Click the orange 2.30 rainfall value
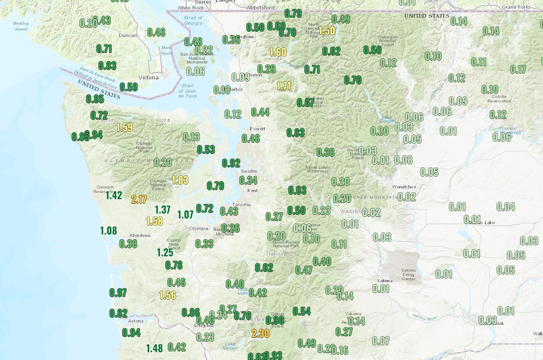click(260, 334)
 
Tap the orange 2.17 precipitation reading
click(138, 199)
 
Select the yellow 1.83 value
click(180, 180)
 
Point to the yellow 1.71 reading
click(284, 86)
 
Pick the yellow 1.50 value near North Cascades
click(327, 31)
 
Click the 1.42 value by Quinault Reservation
click(114, 196)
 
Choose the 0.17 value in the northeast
click(518, 69)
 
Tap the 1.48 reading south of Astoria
click(154, 348)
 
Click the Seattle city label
click(249, 171)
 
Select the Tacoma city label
click(242, 205)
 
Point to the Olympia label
click(199, 228)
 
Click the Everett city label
click(257, 129)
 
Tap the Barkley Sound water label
click(20, 25)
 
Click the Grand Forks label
click(516, 7)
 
